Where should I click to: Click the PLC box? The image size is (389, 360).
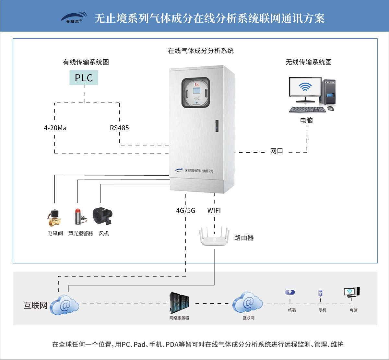coord(84,78)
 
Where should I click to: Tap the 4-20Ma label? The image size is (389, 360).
coord(55,128)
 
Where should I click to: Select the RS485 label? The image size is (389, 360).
coord(119,128)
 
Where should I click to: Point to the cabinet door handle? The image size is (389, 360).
coord(217,126)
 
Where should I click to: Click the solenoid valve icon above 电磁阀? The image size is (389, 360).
coord(54,218)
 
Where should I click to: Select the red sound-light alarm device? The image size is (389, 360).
coord(78,216)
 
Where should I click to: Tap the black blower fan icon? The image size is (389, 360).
coord(102,216)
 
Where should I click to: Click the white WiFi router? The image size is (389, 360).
coord(214,238)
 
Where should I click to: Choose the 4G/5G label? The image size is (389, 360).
coord(185,211)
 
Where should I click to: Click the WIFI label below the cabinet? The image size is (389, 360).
coord(214,211)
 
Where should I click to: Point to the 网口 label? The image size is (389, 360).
coord(277,151)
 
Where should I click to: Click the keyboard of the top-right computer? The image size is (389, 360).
coord(307,110)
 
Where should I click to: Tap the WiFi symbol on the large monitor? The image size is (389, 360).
coord(305,87)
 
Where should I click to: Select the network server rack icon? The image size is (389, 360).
coord(179,303)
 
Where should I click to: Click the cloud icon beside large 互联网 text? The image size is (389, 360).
coord(65,305)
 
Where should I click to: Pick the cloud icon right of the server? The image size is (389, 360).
coord(248,303)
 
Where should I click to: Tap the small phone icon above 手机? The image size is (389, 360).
coord(320,294)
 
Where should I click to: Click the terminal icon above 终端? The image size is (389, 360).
coord(290,293)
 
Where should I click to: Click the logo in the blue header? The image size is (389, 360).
coord(74,18)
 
